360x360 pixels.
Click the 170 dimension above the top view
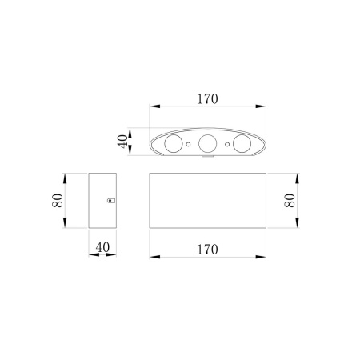click(x=207, y=99)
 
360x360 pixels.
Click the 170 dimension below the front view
click(x=207, y=250)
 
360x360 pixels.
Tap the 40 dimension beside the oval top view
click(x=122, y=142)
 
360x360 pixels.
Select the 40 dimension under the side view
click(x=102, y=247)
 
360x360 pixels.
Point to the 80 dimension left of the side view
click(x=58, y=201)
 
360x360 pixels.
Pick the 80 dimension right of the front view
click(x=290, y=201)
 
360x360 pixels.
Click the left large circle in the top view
click(x=174, y=144)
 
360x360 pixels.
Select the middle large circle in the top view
click(x=208, y=144)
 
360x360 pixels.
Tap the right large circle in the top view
click(x=242, y=144)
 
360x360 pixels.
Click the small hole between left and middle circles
click(x=188, y=144)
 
